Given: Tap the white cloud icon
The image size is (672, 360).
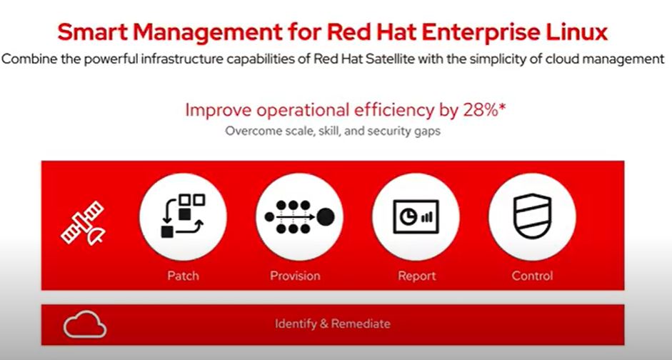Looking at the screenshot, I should click(85, 326).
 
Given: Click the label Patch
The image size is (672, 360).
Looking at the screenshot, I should click(183, 276).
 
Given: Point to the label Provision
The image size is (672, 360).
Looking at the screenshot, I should click(295, 276).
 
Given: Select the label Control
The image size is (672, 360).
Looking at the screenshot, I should click(532, 276).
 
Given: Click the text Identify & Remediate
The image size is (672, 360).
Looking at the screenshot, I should click(333, 324).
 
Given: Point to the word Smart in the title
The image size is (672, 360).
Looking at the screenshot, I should click(91, 32).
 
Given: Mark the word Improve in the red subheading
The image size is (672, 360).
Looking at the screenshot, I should click(215, 110).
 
